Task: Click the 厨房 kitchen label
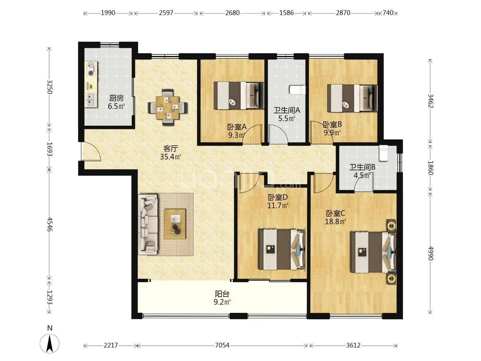[116, 98]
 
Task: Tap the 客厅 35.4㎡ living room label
[170, 153]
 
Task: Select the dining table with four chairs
[168, 107]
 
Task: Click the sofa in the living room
[148, 224]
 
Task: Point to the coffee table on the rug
[175, 224]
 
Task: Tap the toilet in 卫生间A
[297, 90]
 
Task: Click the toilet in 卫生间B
[384, 153]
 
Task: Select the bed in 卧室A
[238, 96]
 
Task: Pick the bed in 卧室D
[282, 250]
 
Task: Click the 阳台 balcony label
[222, 294]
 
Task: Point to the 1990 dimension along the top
[108, 13]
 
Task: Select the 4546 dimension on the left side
[50, 224]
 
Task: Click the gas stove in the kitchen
[91, 69]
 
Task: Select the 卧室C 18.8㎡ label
[335, 217]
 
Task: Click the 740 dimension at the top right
[388, 13]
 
